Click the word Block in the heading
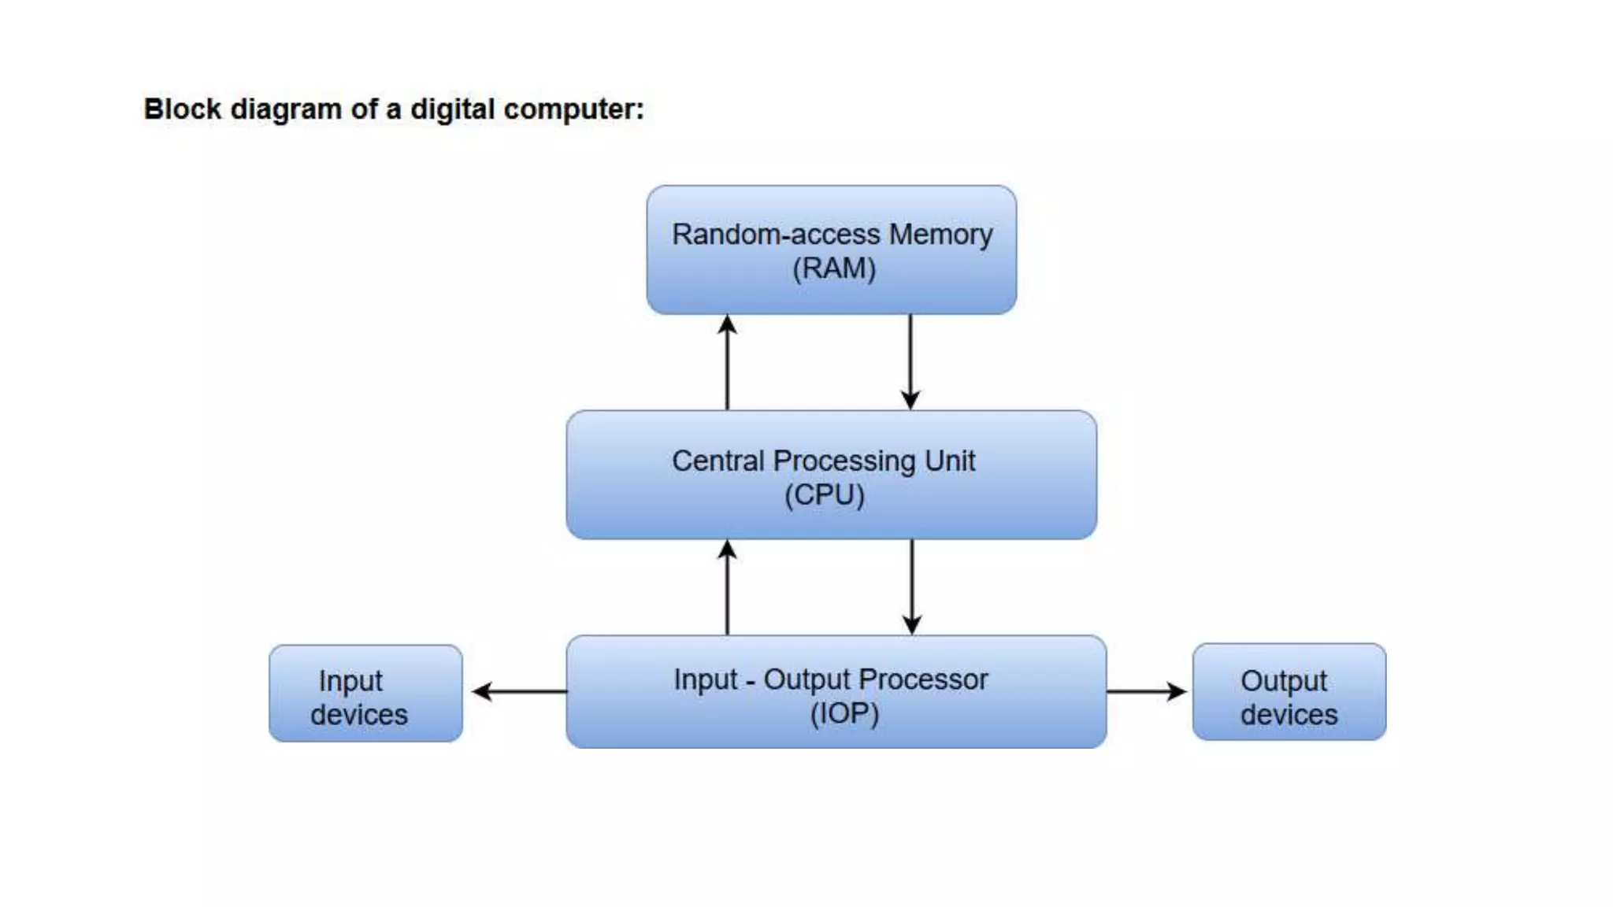tap(183, 109)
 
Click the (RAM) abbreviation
tap(833, 268)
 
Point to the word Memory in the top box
tap(940, 234)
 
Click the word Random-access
tap(776, 234)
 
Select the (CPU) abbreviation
tap(824, 495)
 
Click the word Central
tap(718, 461)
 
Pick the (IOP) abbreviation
tap(844, 713)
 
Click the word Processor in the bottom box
tap(922, 679)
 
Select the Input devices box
tap(365, 694)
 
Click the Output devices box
tap(1289, 692)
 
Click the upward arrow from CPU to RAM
tap(727, 362)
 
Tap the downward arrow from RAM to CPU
tap(910, 362)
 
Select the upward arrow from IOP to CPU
tap(727, 587)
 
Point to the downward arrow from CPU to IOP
tap(911, 587)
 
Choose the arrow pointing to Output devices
tap(1147, 691)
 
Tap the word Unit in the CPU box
tap(950, 461)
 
